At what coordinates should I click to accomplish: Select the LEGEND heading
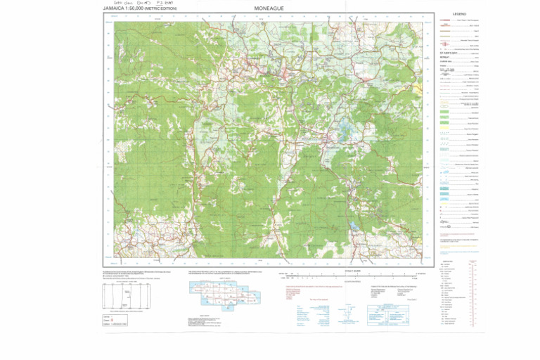tap(460, 14)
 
